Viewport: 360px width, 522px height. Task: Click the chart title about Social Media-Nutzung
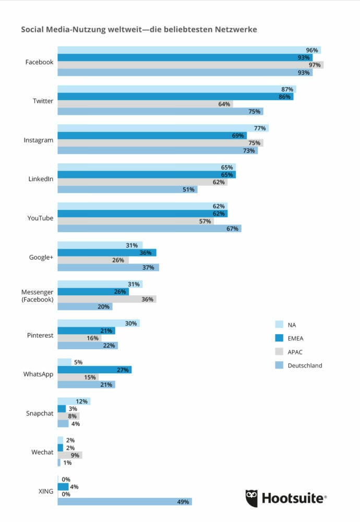[139, 29]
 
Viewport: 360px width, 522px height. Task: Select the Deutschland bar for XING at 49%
[124, 502]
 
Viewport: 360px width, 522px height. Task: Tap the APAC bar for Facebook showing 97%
[190, 65]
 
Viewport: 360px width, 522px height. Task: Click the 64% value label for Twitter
[224, 104]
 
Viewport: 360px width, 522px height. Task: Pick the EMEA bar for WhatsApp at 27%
[94, 370]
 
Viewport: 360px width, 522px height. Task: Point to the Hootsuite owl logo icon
[252, 498]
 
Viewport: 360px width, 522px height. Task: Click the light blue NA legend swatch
[279, 325]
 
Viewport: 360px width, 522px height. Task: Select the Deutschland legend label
[305, 365]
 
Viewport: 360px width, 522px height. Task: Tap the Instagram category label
[38, 140]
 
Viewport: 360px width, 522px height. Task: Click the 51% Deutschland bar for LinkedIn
[127, 189]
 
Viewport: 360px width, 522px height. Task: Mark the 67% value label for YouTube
[232, 229]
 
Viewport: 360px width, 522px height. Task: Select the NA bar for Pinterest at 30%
[98, 323]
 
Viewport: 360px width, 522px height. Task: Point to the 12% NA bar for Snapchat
[74, 401]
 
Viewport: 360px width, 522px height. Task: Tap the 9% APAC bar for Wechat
[69, 455]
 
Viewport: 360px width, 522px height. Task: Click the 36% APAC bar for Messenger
[106, 299]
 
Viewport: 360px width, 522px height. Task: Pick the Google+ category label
[41, 257]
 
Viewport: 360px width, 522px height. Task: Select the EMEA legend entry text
[296, 338]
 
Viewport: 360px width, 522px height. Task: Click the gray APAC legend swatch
[279, 352]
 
